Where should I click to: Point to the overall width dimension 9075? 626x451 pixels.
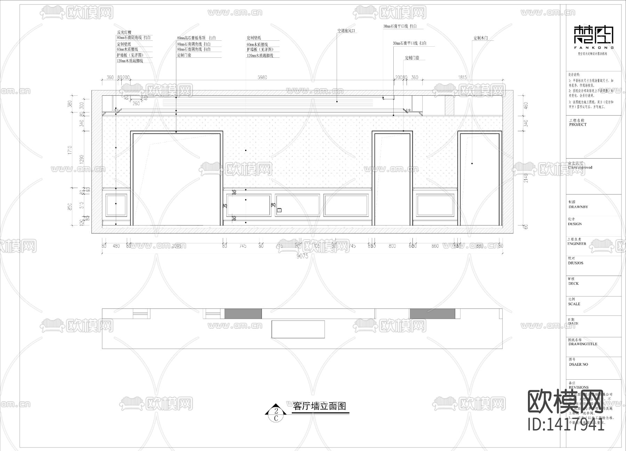[x=302, y=256]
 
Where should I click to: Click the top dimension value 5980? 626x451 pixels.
[x=262, y=77]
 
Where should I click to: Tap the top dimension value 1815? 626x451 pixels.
[x=463, y=77]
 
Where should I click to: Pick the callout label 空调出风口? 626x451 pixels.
[x=347, y=31]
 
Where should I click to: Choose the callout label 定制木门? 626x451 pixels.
[x=483, y=38]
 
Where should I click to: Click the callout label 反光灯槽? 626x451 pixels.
[x=124, y=32]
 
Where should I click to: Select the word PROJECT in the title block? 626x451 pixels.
[x=578, y=125]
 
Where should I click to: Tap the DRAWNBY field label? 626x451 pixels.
[x=578, y=207]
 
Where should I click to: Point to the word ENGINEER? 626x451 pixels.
[x=577, y=244]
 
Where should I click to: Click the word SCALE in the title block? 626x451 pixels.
[x=574, y=304]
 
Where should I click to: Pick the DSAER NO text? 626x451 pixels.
[x=578, y=364]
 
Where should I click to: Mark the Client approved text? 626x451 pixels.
[x=580, y=167]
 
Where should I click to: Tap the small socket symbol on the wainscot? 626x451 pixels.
[x=279, y=210]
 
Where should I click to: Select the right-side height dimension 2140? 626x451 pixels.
[x=526, y=178]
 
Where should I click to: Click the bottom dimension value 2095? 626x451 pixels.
[x=176, y=246]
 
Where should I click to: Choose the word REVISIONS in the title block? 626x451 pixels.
[x=579, y=387]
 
